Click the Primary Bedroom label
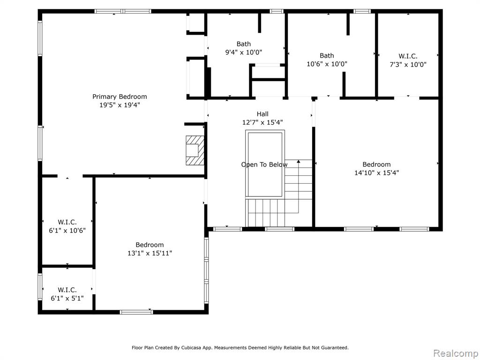(120, 97)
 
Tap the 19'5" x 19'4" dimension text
(120, 105)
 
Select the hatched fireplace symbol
(195, 150)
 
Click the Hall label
(262, 114)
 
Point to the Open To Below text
(264, 165)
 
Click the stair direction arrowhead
(299, 161)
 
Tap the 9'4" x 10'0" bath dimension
(244, 52)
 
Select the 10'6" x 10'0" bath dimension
(327, 64)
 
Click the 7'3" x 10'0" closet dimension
(408, 65)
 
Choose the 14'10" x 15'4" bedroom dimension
(376, 172)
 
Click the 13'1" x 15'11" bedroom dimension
(150, 253)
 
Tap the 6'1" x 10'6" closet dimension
(67, 230)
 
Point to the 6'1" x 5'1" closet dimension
(67, 298)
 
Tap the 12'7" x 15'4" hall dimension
(262, 122)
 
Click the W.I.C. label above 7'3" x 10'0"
(408, 56)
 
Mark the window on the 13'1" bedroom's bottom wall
(136, 312)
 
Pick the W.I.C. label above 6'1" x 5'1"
(67, 290)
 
